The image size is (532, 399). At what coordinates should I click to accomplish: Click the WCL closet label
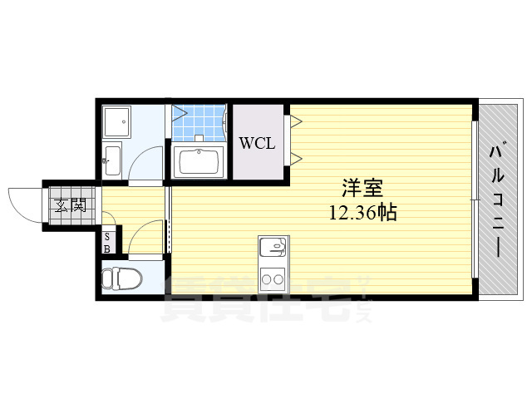coord(257,143)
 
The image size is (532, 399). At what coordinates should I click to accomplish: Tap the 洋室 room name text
coord(362,188)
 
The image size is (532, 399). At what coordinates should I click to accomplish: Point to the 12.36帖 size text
coord(362,213)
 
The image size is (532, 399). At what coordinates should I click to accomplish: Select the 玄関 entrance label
coord(71,204)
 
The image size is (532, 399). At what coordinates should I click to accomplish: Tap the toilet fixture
coord(121,279)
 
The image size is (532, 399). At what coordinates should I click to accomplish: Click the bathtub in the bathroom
coord(199,162)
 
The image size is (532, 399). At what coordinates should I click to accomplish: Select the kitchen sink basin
coord(273,247)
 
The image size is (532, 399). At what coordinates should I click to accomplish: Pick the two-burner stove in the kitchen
coord(273,279)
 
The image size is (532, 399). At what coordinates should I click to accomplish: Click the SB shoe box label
coord(107,243)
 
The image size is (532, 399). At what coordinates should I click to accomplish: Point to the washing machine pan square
coord(116,122)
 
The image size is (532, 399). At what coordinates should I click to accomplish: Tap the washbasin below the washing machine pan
coord(111,160)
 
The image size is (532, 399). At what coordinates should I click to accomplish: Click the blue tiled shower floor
coord(199,123)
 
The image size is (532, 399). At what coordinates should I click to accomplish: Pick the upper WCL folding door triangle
coord(295,121)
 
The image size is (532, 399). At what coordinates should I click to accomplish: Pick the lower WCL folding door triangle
coord(295,159)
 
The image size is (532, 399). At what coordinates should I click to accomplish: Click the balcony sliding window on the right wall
coord(475,199)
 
